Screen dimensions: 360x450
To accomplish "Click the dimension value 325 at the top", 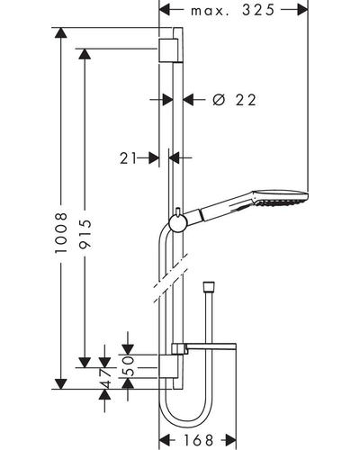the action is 258,10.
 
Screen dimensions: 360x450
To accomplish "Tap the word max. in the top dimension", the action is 208,12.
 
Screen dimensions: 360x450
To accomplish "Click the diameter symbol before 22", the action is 219,100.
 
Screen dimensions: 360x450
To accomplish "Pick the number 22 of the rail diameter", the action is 246,100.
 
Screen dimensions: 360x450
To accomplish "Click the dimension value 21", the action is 128,157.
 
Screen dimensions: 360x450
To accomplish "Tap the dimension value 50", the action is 128,366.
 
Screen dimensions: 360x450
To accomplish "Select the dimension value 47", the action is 104,379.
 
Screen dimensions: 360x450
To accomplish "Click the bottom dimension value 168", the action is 198,440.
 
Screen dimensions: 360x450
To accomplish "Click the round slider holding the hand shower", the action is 178,223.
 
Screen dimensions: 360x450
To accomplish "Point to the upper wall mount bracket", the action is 167,50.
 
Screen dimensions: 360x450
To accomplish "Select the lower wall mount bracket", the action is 167,366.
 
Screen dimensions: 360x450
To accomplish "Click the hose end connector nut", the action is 209,285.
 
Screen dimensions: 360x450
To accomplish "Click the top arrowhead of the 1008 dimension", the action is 61,33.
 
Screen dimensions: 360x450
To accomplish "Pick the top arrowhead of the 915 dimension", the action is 85,54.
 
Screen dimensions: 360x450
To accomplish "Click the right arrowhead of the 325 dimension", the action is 302,10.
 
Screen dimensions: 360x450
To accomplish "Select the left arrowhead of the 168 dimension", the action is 165,440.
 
